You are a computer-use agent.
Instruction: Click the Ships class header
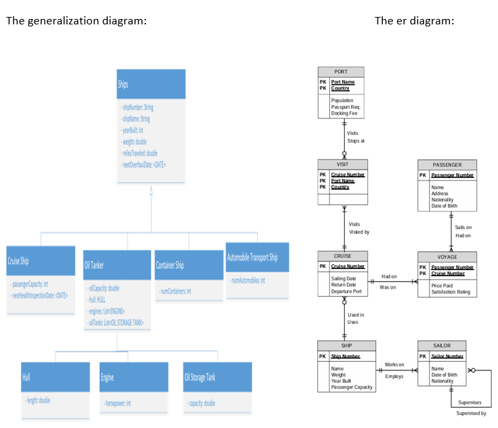123,85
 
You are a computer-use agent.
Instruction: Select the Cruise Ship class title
18,261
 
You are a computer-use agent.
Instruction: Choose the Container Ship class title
170,265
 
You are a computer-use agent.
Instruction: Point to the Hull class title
26,377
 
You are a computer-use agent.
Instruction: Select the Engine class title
107,377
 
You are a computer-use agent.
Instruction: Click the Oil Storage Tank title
200,377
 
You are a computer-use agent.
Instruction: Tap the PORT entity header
341,72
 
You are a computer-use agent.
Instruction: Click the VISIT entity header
341,165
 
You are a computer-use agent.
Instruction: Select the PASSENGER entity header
447,165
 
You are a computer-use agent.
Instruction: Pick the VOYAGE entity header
447,257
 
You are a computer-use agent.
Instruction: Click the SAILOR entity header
442,345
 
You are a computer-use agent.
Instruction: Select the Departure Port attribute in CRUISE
346,291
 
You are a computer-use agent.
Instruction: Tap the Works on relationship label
394,365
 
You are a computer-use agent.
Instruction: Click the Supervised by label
471,412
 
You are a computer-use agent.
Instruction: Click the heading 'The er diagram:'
414,20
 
